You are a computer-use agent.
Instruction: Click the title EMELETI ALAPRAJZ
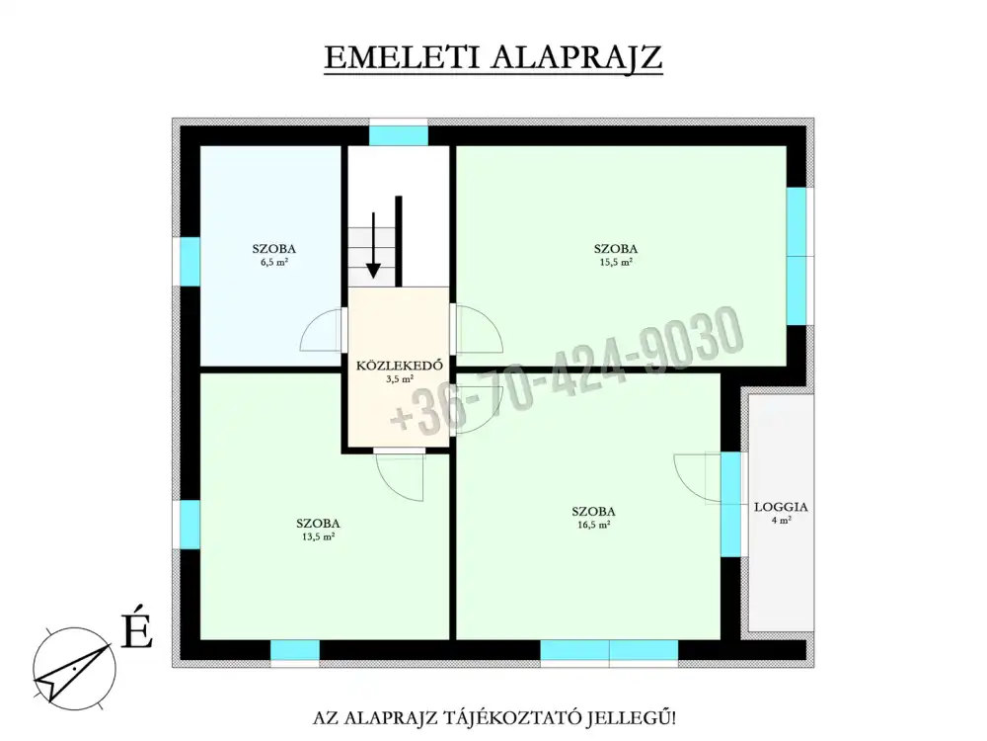tap(493, 57)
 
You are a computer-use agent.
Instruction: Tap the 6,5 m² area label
tap(274, 263)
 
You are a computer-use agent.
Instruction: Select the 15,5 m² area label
tap(616, 263)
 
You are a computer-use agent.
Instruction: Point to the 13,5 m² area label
tap(318, 536)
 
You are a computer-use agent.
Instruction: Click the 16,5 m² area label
tap(593, 525)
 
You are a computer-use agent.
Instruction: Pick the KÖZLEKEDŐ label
tap(400, 367)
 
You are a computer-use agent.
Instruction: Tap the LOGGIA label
tap(781, 507)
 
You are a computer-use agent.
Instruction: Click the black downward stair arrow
tap(374, 245)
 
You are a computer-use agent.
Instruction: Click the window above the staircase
tap(399, 135)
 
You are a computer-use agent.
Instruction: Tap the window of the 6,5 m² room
tap(190, 262)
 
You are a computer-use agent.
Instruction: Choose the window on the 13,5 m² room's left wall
tap(190, 525)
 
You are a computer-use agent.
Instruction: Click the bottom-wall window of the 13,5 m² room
tap(294, 650)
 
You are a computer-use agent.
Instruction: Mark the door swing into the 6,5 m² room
tap(323, 330)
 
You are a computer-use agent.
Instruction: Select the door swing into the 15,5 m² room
tap(480, 329)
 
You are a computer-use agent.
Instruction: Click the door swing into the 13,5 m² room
tap(400, 477)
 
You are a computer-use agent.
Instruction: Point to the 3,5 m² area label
tap(400, 379)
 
